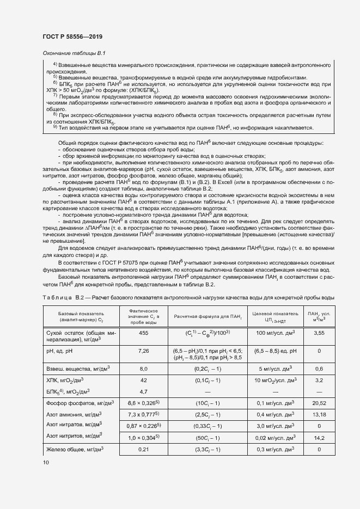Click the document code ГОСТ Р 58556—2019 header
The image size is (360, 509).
point(72,37)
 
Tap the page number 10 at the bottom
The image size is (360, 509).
point(46,463)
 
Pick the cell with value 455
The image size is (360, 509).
point(144,332)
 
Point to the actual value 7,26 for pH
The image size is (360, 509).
point(144,351)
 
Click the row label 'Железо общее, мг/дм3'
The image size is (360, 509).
point(76,449)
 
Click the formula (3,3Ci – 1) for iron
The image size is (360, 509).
point(207,449)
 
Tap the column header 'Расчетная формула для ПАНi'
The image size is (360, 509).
point(207,316)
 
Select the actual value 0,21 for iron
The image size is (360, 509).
point(144,449)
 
